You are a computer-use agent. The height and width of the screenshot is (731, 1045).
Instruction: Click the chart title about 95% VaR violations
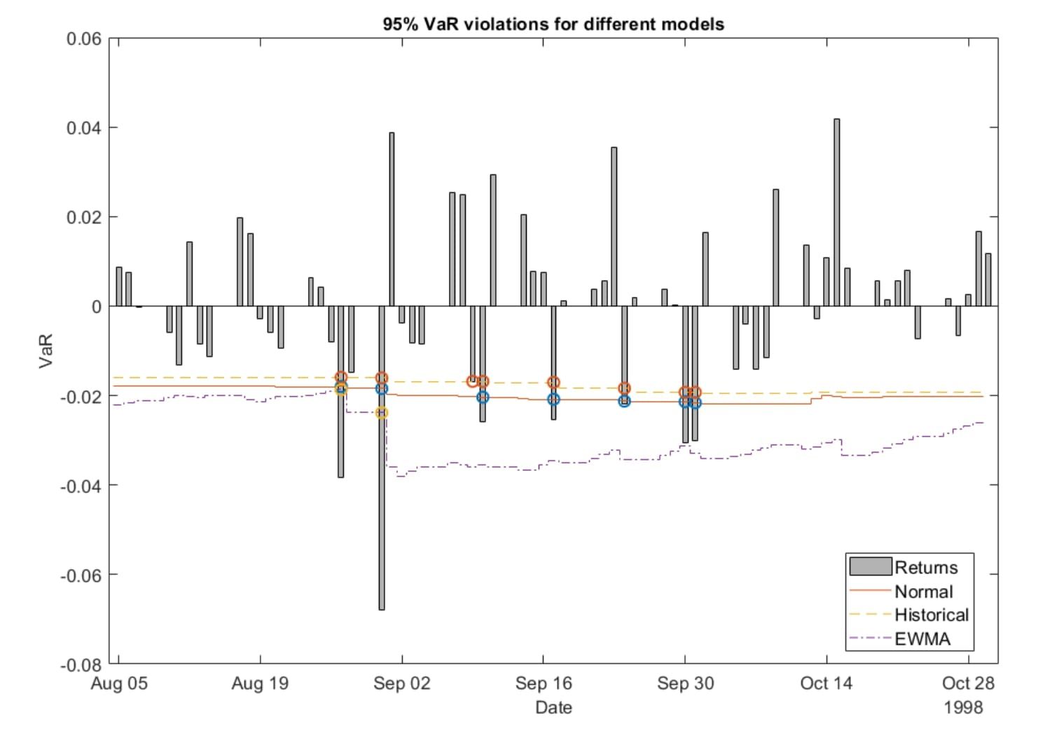[553, 24]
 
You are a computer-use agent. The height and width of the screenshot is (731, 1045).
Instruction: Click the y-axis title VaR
[46, 351]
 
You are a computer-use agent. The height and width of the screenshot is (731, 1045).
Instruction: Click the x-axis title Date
[553, 707]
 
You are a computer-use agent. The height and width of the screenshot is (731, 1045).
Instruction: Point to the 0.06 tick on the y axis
[83, 39]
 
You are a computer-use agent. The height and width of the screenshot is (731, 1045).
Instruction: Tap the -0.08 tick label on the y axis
[81, 664]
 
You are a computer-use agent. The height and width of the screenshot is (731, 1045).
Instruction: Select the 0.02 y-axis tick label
[83, 217]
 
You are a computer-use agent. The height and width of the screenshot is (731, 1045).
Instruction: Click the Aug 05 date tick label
[119, 683]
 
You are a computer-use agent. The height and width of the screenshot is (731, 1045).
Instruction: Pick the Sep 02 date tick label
[401, 683]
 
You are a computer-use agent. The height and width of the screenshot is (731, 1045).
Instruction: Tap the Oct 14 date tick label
[826, 683]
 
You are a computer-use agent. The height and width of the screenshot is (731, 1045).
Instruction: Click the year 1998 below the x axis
[963, 707]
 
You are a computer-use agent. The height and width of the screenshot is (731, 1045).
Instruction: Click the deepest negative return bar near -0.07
[382, 491]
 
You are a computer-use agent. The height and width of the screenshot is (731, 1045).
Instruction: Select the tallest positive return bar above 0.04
[836, 210]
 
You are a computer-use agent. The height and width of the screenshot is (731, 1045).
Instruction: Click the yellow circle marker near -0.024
[382, 413]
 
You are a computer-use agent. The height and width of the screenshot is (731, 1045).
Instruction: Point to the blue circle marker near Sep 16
[553, 399]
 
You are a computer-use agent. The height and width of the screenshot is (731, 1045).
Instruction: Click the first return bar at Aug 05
[119, 287]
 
